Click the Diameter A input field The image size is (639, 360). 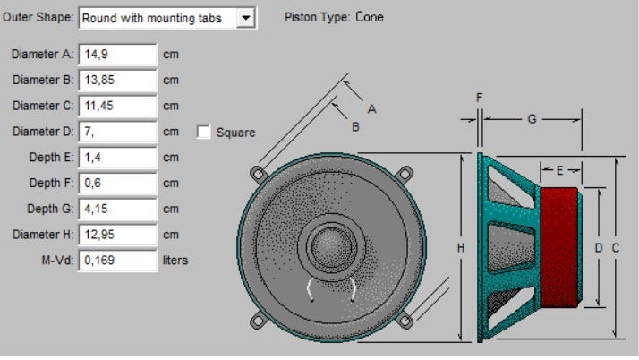point(118,53)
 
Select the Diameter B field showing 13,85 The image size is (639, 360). point(118,80)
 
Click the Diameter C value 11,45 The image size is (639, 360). point(118,106)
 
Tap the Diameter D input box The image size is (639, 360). point(118,132)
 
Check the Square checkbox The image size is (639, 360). point(203,133)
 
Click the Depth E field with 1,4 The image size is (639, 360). point(118,158)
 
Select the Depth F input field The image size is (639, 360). point(118,184)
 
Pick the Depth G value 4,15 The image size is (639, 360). point(118,210)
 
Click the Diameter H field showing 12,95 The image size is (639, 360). point(118,236)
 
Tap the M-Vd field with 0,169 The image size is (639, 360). point(118,261)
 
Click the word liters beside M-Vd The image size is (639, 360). point(175,261)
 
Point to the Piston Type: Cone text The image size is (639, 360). point(333,16)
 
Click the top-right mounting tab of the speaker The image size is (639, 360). point(405,172)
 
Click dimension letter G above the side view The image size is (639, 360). point(532,118)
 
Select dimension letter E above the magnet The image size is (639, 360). point(559,169)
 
